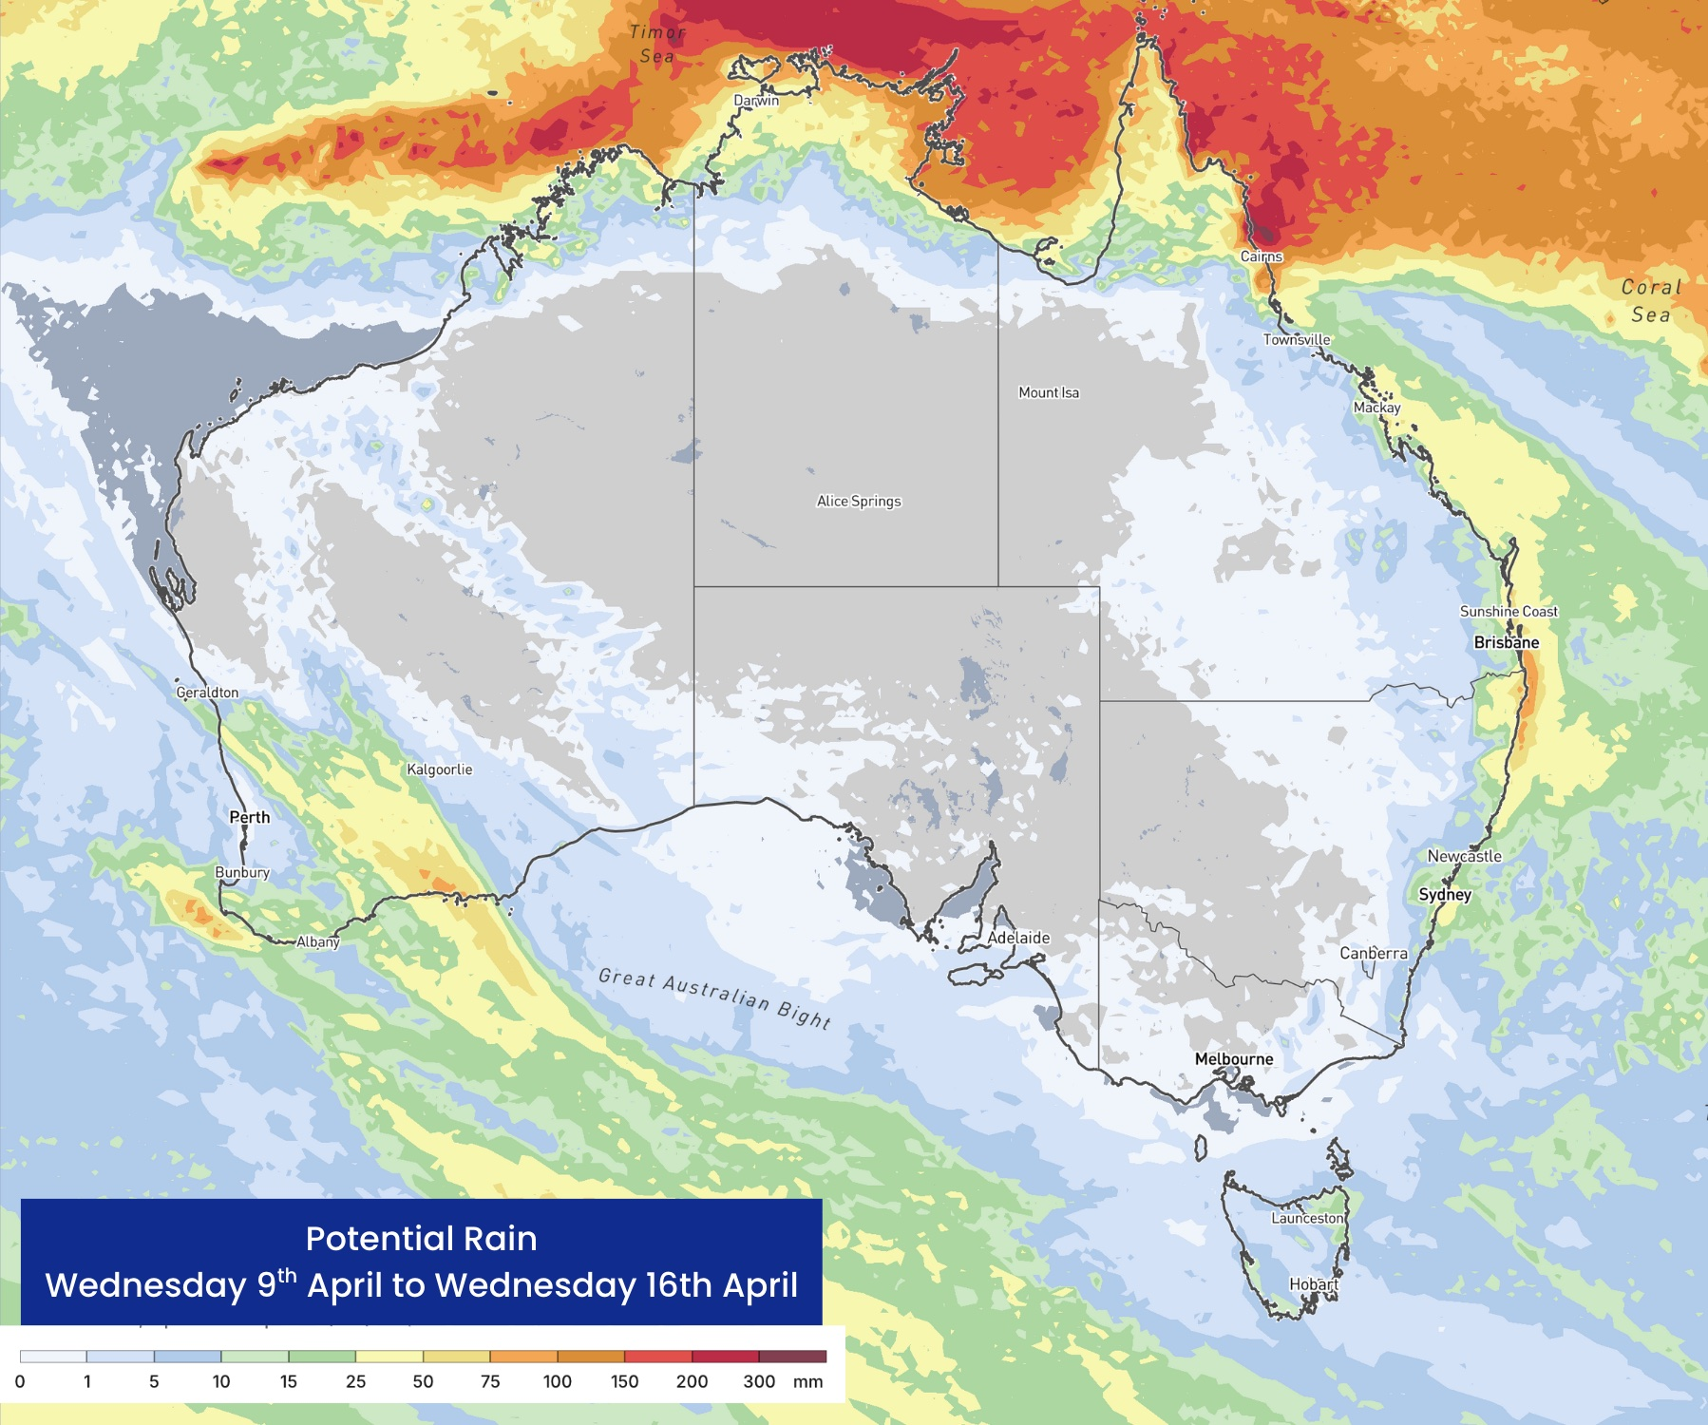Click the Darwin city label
click(x=756, y=101)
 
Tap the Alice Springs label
click(x=859, y=501)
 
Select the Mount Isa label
click(x=1049, y=392)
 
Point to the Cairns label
click(x=1262, y=256)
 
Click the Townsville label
click(x=1297, y=339)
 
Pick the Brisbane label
click(x=1507, y=642)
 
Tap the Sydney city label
click(x=1445, y=894)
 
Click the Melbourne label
click(x=1234, y=1058)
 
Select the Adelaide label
click(x=1018, y=938)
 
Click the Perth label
click(x=250, y=817)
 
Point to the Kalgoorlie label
click(x=439, y=769)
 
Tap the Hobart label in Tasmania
click(x=1314, y=1284)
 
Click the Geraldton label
click(x=207, y=693)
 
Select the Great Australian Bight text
click(x=715, y=997)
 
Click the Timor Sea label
click(x=657, y=44)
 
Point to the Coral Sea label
click(x=1651, y=300)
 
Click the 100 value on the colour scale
click(x=557, y=1381)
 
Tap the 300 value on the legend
click(x=759, y=1381)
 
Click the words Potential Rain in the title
click(x=421, y=1239)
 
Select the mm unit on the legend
click(x=807, y=1381)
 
